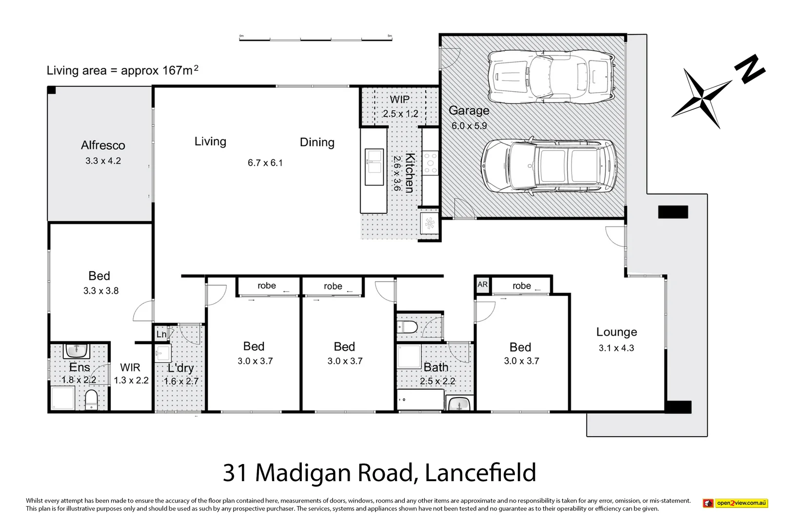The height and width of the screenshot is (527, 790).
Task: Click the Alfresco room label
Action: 103,145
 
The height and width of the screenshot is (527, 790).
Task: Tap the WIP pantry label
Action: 399,100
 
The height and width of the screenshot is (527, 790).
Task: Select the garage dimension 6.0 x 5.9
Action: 469,126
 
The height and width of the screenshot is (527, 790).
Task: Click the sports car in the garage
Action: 551,76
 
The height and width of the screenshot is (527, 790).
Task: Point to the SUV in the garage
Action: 549,167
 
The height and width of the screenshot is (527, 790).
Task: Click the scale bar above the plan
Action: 316,39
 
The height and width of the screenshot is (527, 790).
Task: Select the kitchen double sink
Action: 375,162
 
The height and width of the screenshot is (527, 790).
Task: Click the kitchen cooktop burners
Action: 430,163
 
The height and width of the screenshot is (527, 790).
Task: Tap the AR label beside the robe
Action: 482,284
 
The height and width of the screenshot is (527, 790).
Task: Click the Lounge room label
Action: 616,332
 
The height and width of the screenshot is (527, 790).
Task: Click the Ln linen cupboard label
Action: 161,334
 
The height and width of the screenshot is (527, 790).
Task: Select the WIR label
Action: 130,367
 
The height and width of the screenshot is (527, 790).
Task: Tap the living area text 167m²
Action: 180,70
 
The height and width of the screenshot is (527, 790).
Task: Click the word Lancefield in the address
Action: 480,473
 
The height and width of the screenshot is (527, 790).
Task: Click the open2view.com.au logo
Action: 735,503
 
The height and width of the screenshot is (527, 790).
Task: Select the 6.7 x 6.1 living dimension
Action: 265,163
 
